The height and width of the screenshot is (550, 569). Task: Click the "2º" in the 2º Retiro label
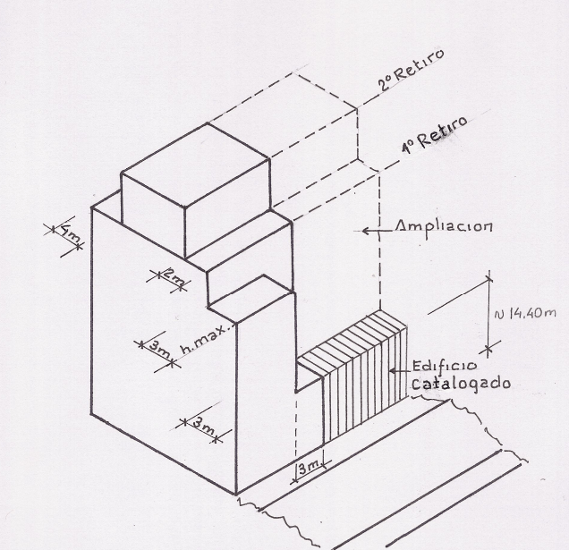coord(385,83)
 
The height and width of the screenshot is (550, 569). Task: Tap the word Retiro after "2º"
coord(419,64)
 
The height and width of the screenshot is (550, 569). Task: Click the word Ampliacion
coord(444,226)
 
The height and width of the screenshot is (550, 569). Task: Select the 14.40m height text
coord(525,314)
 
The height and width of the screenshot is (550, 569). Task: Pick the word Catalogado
coord(462,384)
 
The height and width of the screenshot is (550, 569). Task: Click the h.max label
coord(207,339)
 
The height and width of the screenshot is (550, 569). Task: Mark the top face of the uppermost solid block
coord(194,165)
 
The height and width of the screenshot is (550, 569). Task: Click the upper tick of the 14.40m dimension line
coord(488,279)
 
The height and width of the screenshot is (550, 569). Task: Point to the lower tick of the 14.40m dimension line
coord(488,350)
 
